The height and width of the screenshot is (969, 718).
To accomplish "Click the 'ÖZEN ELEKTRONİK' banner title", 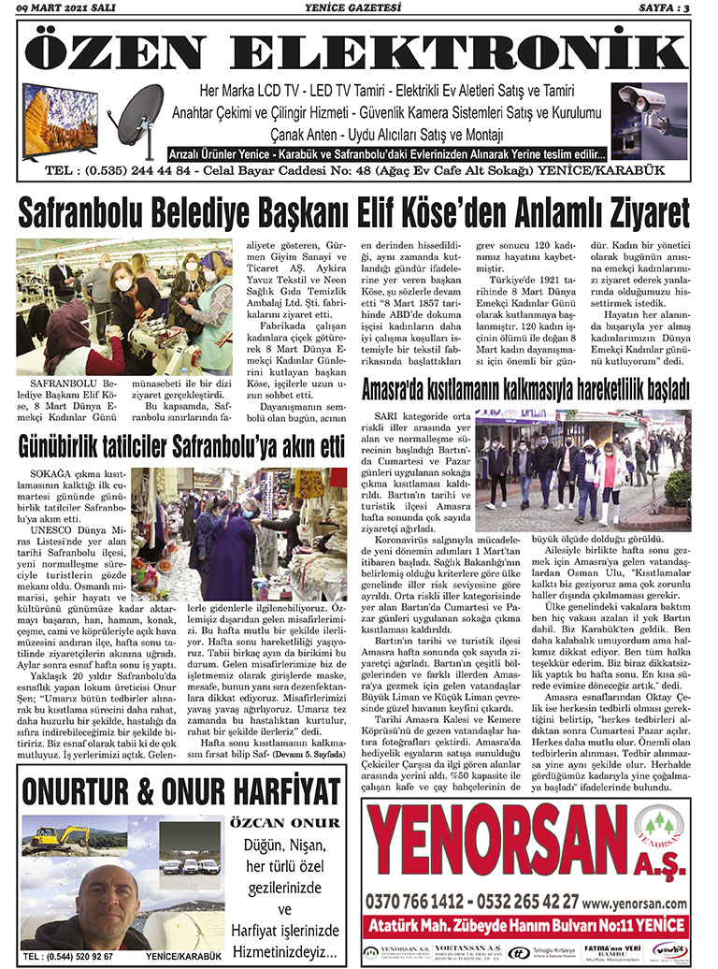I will point(358,52).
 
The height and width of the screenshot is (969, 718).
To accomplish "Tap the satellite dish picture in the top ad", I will point(137,114).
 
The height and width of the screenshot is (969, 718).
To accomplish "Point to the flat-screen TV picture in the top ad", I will point(60,119).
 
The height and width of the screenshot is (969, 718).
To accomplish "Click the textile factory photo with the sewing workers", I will point(123,306).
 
